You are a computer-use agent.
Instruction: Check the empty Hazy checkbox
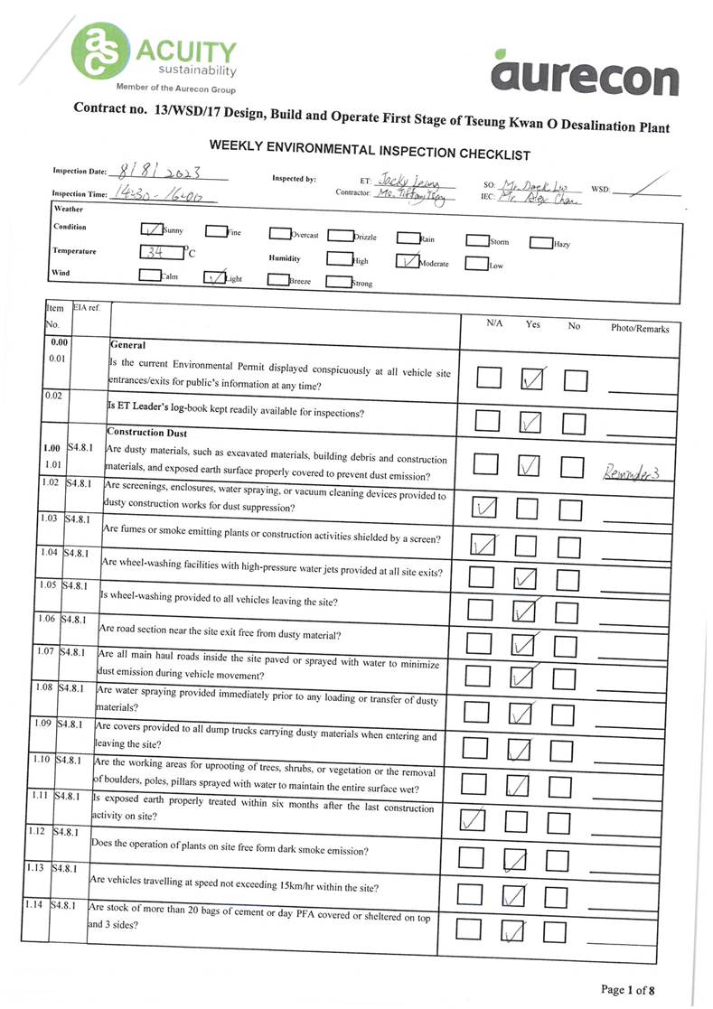click(x=539, y=242)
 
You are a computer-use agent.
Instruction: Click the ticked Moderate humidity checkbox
click(x=408, y=261)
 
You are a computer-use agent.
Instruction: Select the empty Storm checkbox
click(x=476, y=241)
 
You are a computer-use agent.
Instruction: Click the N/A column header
click(x=494, y=323)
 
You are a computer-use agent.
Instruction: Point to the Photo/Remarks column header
click(x=640, y=328)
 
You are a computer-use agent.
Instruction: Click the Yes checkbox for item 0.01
click(x=533, y=378)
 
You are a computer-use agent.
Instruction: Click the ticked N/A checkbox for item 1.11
click(x=473, y=819)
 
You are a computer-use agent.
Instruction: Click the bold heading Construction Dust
click(x=146, y=433)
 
